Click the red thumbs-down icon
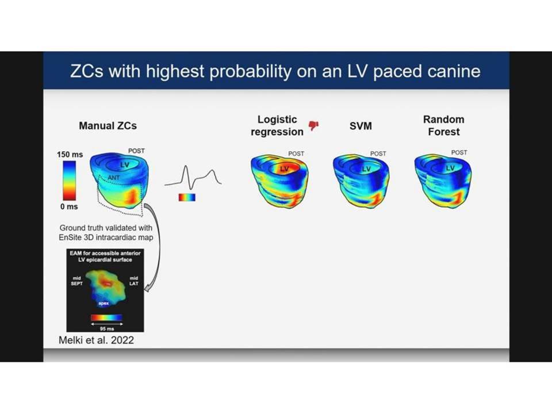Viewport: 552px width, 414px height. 313,125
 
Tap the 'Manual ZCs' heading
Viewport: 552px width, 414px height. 108,126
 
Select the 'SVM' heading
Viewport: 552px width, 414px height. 361,126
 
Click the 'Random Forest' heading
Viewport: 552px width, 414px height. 443,125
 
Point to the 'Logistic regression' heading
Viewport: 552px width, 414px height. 277,125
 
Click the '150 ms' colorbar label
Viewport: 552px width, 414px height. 70,155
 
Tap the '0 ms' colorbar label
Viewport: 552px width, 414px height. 69,206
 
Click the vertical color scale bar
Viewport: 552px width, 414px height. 70,181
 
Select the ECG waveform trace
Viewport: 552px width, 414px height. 193,178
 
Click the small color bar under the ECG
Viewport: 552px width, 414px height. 187,197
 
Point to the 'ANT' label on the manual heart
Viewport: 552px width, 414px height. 114,178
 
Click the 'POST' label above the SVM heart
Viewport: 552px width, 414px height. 378,154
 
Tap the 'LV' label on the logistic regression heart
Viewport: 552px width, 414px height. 284,169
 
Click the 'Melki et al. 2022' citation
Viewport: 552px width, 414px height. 96,340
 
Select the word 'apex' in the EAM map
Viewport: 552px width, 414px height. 103,303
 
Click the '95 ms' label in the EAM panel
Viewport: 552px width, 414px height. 107,329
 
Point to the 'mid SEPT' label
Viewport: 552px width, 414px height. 76,281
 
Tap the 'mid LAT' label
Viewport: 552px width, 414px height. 134,281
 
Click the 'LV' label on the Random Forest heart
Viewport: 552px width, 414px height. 450,168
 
